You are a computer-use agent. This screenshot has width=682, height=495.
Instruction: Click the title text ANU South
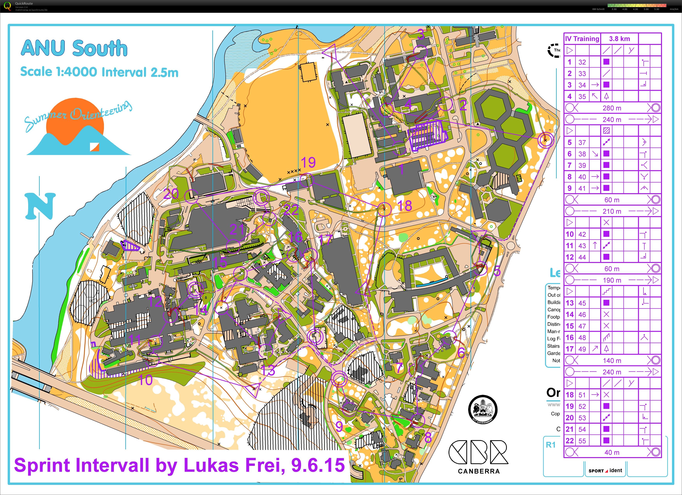coord(74,48)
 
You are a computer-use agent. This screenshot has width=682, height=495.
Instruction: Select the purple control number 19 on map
coord(308,163)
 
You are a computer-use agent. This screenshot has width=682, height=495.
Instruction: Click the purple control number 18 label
coord(405,206)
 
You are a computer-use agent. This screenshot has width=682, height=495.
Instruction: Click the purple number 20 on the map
coord(171,194)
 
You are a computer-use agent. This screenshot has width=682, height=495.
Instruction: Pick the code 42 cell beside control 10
coord(582,234)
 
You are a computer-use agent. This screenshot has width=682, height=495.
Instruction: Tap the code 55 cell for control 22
coord(582,441)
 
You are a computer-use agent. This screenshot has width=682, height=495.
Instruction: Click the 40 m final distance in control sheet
coord(612,452)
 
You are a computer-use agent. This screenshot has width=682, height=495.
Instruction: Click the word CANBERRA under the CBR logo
coord(479,471)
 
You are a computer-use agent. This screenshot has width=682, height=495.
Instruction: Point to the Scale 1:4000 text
coord(59,72)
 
